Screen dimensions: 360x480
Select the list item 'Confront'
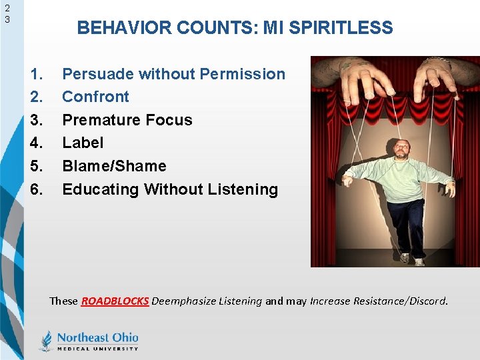click(95, 97)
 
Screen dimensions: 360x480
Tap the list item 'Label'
click(83, 143)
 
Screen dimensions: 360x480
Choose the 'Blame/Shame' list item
click(114, 166)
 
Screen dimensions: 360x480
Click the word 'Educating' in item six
click(101, 189)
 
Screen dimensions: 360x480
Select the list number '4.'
click(38, 143)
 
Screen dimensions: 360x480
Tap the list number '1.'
click(38, 74)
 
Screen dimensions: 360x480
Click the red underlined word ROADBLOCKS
click(115, 301)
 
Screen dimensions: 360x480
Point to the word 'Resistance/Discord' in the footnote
click(404, 301)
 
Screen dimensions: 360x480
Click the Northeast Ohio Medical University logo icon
click(46, 340)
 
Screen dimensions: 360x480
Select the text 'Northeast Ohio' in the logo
click(97, 337)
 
